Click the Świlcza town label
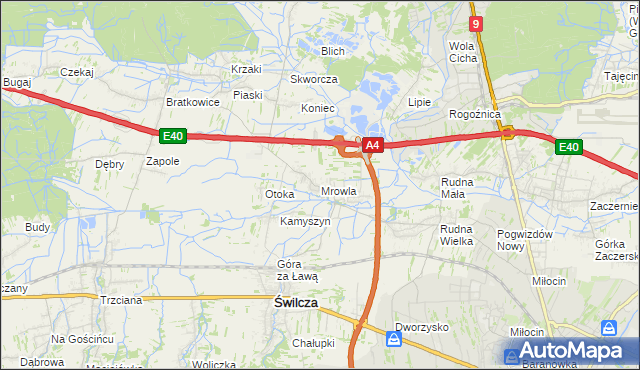(296, 301)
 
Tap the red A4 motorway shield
(372, 146)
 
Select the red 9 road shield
(476, 24)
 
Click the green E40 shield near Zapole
(171, 135)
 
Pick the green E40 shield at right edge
(568, 148)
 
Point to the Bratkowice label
(192, 102)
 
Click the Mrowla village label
(338, 191)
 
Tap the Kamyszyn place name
(305, 221)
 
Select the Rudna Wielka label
(456, 235)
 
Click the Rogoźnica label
(474, 115)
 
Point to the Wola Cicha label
(462, 52)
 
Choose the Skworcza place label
(314, 79)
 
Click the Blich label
(332, 51)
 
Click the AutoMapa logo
(567, 352)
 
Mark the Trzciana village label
(122, 299)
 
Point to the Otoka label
(279, 194)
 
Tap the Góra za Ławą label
(297, 270)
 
